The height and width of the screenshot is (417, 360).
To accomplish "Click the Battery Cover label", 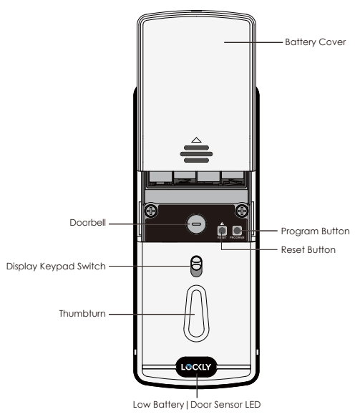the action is pos(315,42).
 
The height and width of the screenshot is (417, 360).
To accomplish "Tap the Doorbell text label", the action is pos(88,223).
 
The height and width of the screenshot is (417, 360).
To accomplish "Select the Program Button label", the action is pos(315,231).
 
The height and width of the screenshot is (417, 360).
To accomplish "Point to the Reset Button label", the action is pos(308,250).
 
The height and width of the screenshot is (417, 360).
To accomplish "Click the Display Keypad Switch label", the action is pos(56,267).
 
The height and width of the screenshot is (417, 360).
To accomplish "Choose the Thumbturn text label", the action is pos(82,314).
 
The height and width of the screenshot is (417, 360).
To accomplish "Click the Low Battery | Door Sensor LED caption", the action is pos(197,405).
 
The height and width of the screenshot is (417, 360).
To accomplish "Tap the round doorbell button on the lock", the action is pos(196,224).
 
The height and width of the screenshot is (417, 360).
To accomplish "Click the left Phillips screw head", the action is pos(151,211).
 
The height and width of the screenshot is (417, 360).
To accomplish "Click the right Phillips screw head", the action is pos(242,211).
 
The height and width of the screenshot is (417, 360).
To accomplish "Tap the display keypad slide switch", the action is pos(197,267).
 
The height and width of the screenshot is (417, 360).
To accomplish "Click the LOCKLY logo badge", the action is pos(196,367).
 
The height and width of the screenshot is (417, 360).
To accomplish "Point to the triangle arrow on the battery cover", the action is pos(196,141).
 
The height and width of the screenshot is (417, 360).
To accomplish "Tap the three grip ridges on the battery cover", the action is pos(196,154).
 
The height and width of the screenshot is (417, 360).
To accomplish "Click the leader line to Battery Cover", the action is pos(253,42).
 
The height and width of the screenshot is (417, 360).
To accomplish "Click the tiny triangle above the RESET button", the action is pos(222,224).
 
